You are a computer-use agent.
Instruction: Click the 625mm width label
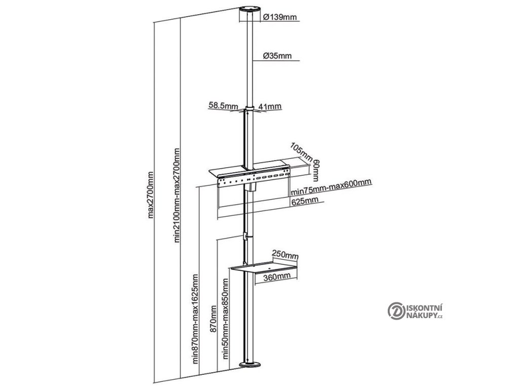(x=305, y=201)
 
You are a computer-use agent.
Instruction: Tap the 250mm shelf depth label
(x=285, y=253)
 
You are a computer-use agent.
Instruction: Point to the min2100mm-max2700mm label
(x=177, y=196)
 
